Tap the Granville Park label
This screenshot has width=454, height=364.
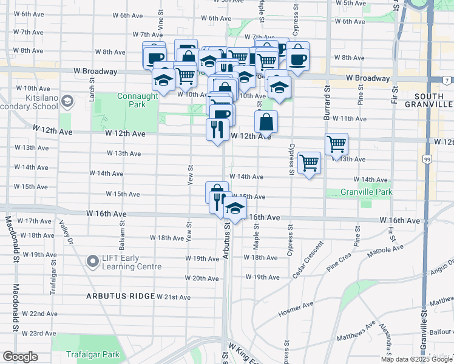(x=365, y=192)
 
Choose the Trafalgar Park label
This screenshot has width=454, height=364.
(x=94, y=354)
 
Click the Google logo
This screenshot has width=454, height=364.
(x=20, y=357)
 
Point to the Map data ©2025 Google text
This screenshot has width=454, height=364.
(x=416, y=359)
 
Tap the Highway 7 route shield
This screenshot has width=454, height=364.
(x=446, y=80)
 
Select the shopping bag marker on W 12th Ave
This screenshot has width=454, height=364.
(x=266, y=121)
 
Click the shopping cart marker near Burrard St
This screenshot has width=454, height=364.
(x=336, y=144)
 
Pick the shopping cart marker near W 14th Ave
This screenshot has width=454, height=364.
(x=310, y=163)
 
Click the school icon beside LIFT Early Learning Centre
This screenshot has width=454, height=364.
(x=93, y=261)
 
